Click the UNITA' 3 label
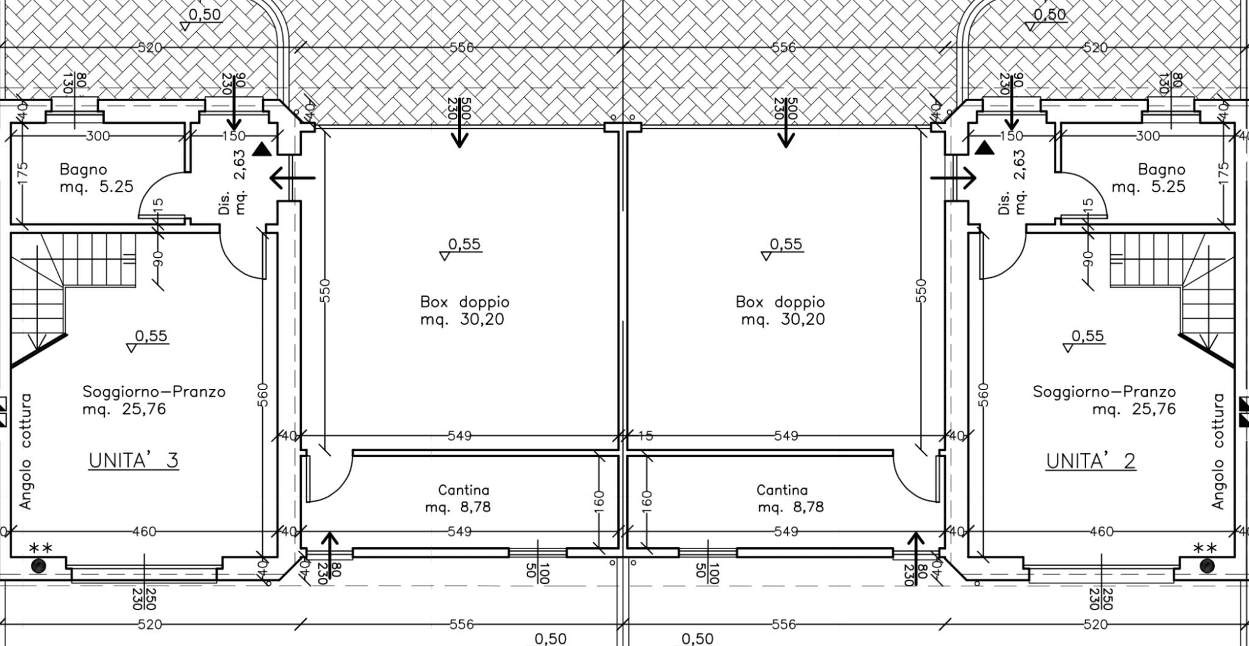click(134, 460)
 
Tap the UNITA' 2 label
click(1091, 461)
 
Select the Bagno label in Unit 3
click(84, 169)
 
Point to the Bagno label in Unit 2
click(1162, 169)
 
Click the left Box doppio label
click(465, 302)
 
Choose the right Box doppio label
click(780, 302)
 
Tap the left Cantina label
click(463, 490)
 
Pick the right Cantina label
click(782, 490)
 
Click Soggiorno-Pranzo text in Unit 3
click(154, 392)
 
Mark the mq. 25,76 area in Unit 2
click(1134, 409)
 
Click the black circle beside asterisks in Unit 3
click(38, 566)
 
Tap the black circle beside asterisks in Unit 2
click(1206, 566)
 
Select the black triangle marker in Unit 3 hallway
click(262, 149)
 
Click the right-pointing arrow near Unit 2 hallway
click(953, 178)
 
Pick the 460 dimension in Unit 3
click(144, 532)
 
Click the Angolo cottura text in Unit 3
click(25, 452)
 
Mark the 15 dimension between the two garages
click(646, 436)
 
